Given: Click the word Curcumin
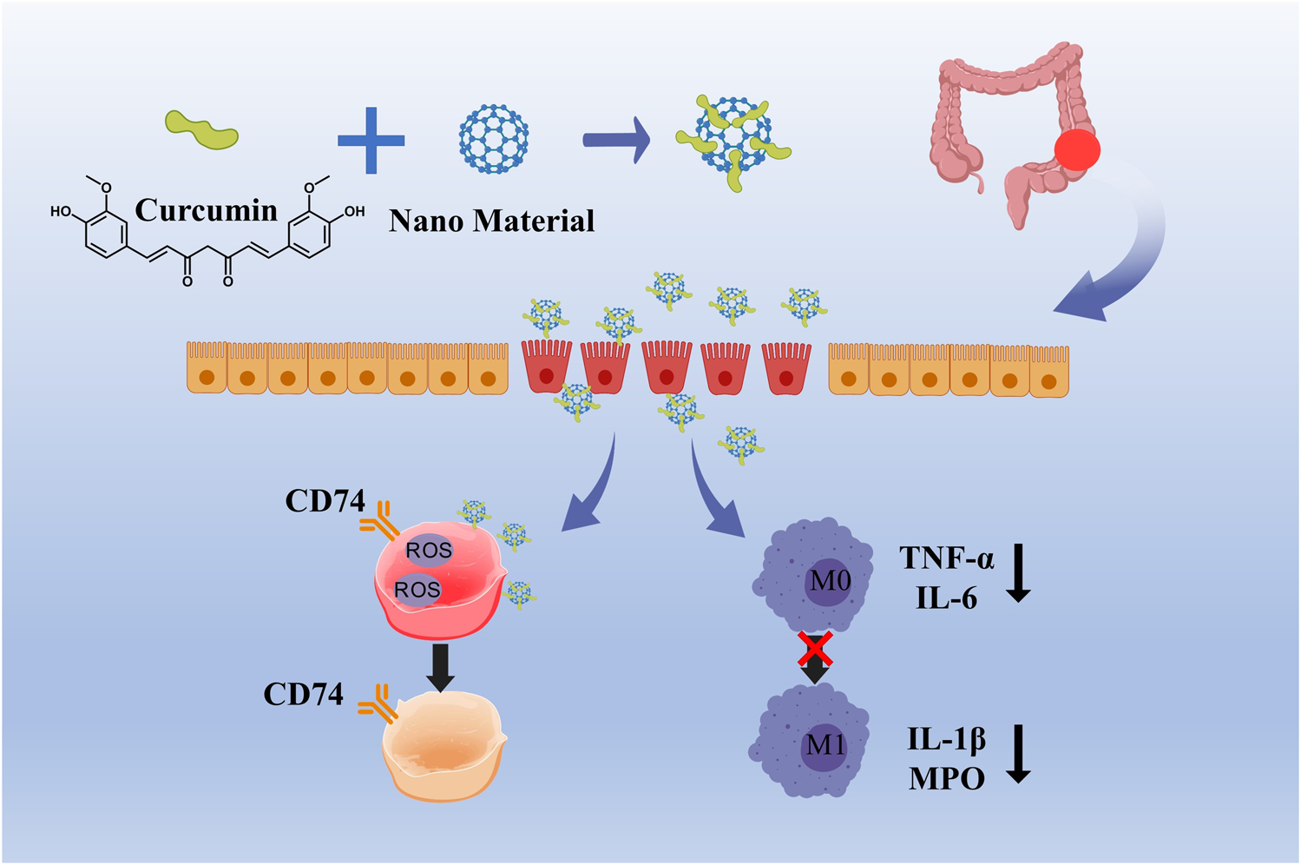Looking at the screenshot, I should [x=206, y=210].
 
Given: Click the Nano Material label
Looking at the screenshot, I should [x=491, y=221].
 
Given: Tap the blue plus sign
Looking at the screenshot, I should [x=371, y=140].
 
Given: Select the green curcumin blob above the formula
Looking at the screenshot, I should [x=201, y=130].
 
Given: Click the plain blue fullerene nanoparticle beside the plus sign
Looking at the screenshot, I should [x=493, y=138].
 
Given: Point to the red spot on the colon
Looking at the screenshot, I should [x=1076, y=150].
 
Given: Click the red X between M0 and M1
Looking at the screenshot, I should [x=815, y=648].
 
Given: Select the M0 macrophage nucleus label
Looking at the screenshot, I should [x=829, y=580].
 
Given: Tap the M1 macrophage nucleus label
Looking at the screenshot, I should [x=825, y=745].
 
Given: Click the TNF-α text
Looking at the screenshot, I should [x=946, y=558].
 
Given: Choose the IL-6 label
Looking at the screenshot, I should [x=946, y=598].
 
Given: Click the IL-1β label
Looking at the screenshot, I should [x=946, y=739].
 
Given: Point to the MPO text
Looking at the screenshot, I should [x=946, y=779].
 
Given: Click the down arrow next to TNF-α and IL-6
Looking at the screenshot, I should [x=1018, y=573].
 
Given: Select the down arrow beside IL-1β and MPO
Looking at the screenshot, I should [x=1018, y=754].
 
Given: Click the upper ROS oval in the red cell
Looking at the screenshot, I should [x=429, y=550].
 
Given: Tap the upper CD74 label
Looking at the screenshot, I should [x=325, y=501].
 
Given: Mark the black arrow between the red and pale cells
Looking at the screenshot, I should [x=440, y=667].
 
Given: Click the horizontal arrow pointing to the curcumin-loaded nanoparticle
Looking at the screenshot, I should [x=616, y=140].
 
